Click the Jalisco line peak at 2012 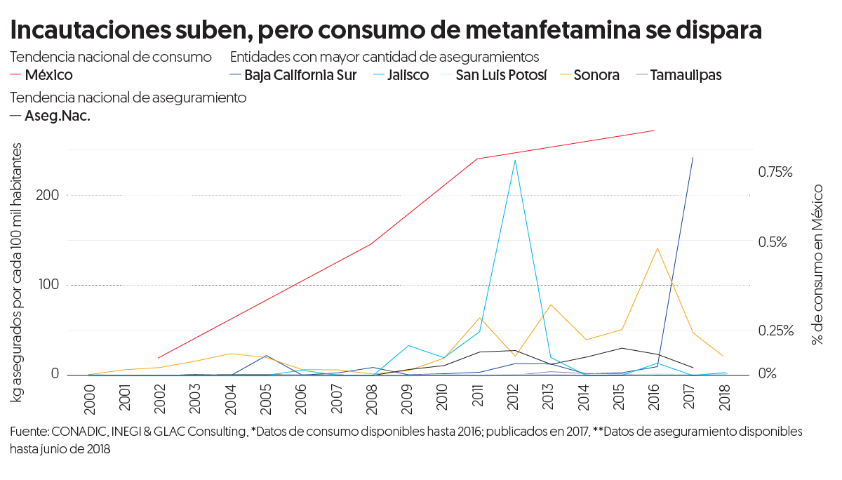click(515, 160)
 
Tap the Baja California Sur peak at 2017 click(693, 158)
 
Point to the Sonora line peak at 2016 click(657, 248)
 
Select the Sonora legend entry click(596, 75)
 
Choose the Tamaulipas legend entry click(685, 75)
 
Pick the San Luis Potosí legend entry click(500, 75)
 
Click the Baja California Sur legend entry click(300, 75)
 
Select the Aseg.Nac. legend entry click(57, 116)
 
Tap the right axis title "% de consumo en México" click(817, 264)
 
